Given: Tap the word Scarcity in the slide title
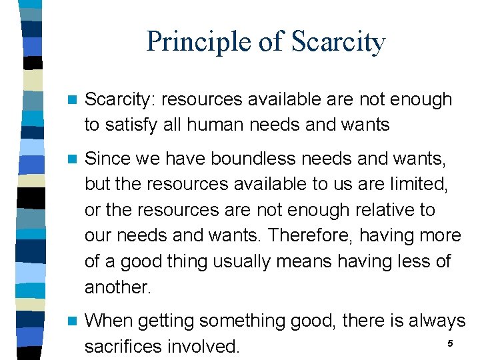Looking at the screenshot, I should pyautogui.click(x=338, y=42).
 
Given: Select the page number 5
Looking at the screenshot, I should pyautogui.click(x=450, y=343).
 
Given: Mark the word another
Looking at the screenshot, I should pyautogui.click(x=118, y=287).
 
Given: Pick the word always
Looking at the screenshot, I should pyautogui.click(x=433, y=321).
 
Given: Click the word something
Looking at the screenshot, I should pyautogui.click(x=239, y=321).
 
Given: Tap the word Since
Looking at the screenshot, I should pyautogui.click(x=109, y=159).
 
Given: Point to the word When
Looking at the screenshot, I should pyautogui.click(x=110, y=321).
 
